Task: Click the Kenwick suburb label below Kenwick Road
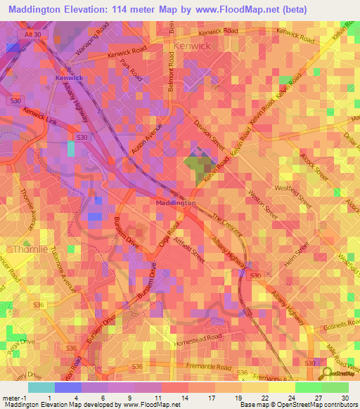pos(191,45)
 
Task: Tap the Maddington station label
pos(175,202)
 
